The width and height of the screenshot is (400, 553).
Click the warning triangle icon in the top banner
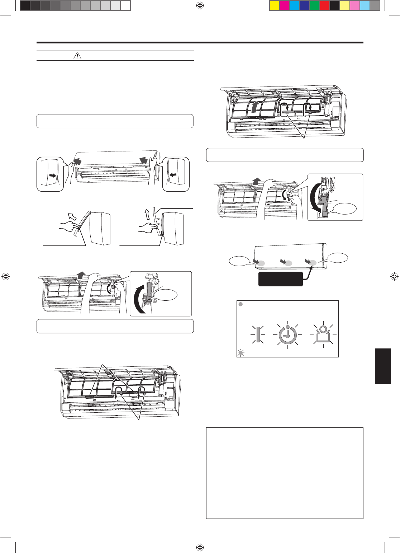coord(77,56)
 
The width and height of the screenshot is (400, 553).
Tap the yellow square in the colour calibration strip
coord(274,5)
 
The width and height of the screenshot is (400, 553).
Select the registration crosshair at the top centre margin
coord(200,5)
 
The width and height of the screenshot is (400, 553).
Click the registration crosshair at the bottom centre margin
coord(200,547)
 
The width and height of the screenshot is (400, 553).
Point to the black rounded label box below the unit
coord(281,279)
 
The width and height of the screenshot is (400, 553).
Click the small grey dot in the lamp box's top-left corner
coord(241,304)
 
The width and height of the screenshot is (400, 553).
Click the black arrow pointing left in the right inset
coord(173,175)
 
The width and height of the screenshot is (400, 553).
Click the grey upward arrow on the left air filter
coord(254,106)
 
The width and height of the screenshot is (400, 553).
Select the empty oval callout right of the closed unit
coord(338,258)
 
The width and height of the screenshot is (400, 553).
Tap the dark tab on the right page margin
coord(383,366)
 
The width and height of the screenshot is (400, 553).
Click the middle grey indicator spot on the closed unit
coord(288,263)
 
